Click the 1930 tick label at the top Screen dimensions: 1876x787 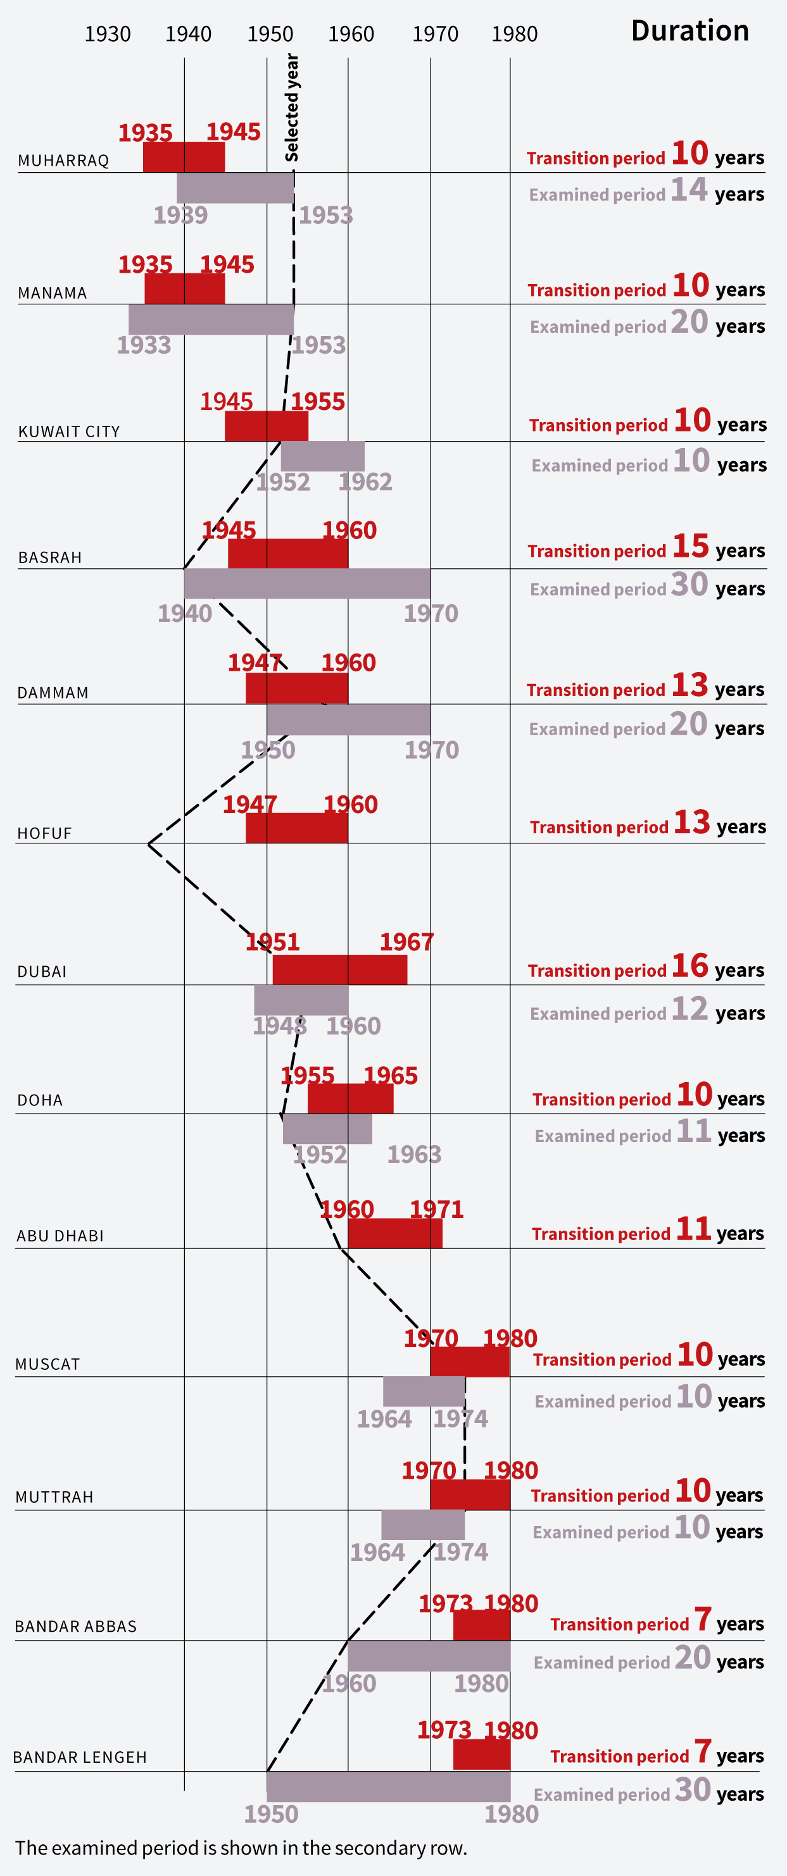(x=107, y=34)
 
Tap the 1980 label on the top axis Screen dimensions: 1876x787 (x=515, y=34)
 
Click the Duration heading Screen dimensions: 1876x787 (x=689, y=31)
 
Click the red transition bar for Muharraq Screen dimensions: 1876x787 (x=184, y=158)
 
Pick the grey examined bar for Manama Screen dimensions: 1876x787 (x=211, y=320)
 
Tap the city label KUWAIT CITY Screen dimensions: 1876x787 (x=69, y=432)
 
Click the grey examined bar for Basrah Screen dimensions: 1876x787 (x=307, y=584)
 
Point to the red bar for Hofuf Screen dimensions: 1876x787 (x=296, y=828)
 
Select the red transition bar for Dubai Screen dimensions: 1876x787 (x=339, y=970)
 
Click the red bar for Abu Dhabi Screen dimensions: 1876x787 (x=395, y=1234)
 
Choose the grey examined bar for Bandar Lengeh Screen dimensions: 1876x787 (x=388, y=1786)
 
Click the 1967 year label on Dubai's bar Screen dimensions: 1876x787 (x=406, y=942)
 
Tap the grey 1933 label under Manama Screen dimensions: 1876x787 (x=144, y=345)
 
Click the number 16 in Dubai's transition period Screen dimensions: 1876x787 (x=690, y=966)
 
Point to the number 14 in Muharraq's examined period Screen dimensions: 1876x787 (x=689, y=190)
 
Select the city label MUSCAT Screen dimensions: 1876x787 (x=48, y=1365)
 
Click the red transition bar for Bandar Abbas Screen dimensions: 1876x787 (x=482, y=1625)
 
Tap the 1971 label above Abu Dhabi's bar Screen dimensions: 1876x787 (x=436, y=1210)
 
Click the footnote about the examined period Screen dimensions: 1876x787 (x=241, y=1848)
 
